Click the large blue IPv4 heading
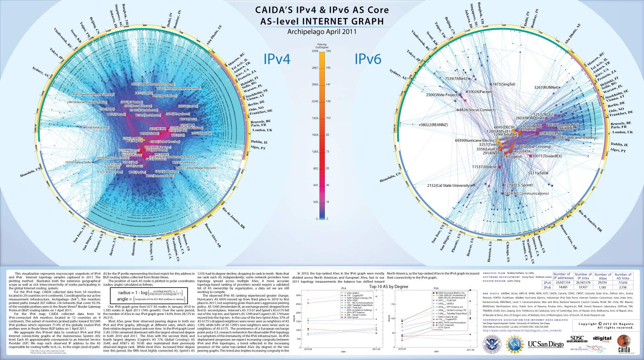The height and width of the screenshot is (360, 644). coord(277,59)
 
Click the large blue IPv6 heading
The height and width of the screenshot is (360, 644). coord(367,59)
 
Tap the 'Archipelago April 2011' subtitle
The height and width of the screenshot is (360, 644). coord(322,32)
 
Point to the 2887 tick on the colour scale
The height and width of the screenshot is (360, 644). coord(315,68)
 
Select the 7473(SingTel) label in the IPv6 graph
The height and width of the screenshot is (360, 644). coord(504,84)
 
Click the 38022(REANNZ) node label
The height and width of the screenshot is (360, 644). coord(434,125)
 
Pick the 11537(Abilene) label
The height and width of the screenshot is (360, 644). coord(485,167)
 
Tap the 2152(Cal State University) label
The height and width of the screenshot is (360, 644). coord(448,186)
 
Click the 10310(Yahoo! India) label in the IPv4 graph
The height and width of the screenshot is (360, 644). coord(78,162)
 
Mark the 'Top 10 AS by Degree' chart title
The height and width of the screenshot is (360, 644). coord(388,287)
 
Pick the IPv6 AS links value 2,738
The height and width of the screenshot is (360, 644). coord(623,287)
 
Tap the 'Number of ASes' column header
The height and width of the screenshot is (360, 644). coord(603,276)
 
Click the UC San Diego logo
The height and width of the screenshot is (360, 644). coord(545,344)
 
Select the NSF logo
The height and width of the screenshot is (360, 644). coord(515,345)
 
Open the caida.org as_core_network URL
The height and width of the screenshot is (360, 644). coord(522,331)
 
